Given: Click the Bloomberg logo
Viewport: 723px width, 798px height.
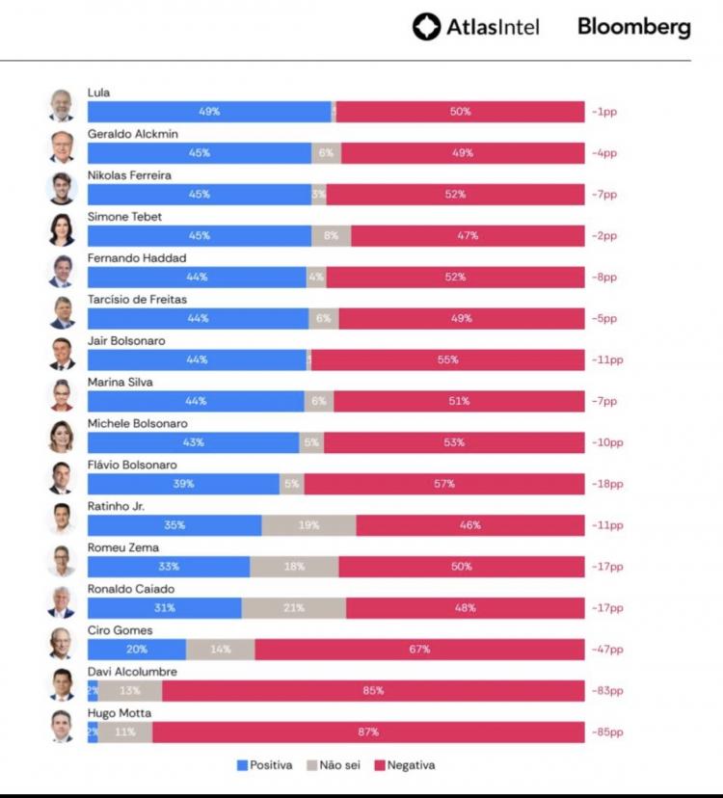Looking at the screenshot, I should coord(633,27).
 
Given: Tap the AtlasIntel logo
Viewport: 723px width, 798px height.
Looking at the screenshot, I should coord(475,27).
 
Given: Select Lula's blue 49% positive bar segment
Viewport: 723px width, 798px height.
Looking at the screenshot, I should coord(209,112).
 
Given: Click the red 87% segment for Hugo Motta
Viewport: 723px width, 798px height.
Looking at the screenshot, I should coord(368,732).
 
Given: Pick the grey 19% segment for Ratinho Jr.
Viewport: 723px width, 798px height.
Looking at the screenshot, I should coord(308,525).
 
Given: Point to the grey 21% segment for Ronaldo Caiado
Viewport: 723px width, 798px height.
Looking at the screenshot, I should coord(294,608).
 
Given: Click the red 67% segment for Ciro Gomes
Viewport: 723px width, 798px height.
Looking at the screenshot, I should coord(419,650).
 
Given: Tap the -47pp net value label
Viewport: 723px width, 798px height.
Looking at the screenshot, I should coord(607,650).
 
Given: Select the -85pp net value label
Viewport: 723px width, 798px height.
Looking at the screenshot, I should coord(607,732).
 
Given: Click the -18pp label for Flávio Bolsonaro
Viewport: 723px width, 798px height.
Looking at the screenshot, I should coord(607,484).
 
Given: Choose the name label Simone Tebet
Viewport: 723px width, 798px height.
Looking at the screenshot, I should coord(124,217).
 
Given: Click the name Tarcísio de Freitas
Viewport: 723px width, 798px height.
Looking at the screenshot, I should coord(137,300).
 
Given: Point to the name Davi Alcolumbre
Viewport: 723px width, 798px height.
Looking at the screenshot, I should coord(132,672).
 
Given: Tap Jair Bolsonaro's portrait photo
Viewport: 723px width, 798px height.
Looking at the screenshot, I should coord(62,354).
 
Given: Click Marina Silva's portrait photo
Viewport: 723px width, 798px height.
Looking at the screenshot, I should coord(62,395).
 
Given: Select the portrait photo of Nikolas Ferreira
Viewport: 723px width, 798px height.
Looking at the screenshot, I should coord(62,188).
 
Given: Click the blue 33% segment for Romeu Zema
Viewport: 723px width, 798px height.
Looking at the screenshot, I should coord(169,567).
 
